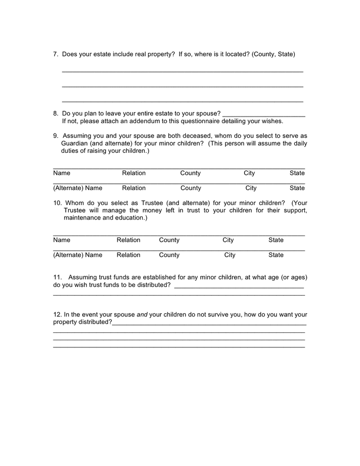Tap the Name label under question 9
click(62, 173)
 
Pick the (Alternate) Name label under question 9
click(78, 188)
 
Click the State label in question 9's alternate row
click(297, 188)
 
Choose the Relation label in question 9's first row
click(133, 173)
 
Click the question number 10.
click(57, 203)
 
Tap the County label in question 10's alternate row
click(169, 255)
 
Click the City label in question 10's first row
click(228, 240)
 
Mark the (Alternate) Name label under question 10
click(78, 255)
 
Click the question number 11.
click(57, 278)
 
